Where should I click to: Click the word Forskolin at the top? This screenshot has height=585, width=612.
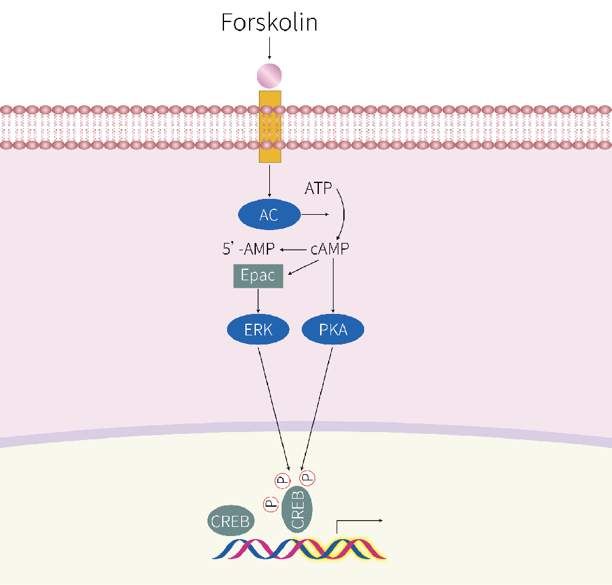tap(269, 23)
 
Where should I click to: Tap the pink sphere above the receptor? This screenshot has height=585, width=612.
tap(269, 76)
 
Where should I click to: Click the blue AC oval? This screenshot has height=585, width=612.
tap(269, 215)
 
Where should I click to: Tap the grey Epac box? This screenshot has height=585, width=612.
tap(258, 275)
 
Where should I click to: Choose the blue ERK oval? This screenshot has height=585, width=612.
tap(258, 330)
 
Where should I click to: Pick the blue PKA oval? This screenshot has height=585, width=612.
tap(333, 330)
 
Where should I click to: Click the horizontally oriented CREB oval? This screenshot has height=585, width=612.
tap(230, 521)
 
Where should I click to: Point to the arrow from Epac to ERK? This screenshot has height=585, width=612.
tap(258, 301)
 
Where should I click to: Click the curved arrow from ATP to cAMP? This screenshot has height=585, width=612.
tap(343, 211)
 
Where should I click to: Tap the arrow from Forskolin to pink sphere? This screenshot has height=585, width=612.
tap(269, 48)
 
